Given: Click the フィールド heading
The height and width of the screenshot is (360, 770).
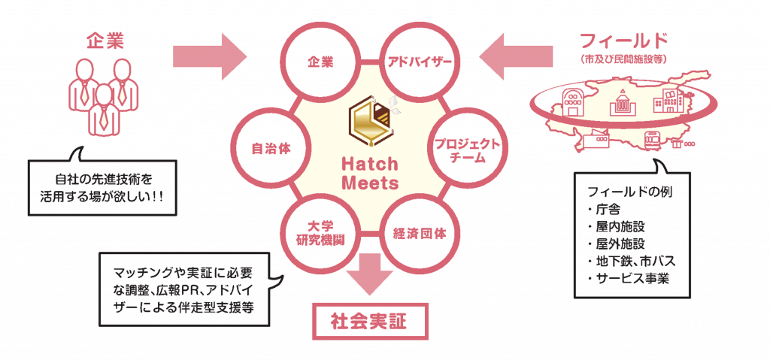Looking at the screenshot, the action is point(623,40).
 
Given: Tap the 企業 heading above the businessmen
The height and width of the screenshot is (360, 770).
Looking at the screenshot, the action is point(105,39).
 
